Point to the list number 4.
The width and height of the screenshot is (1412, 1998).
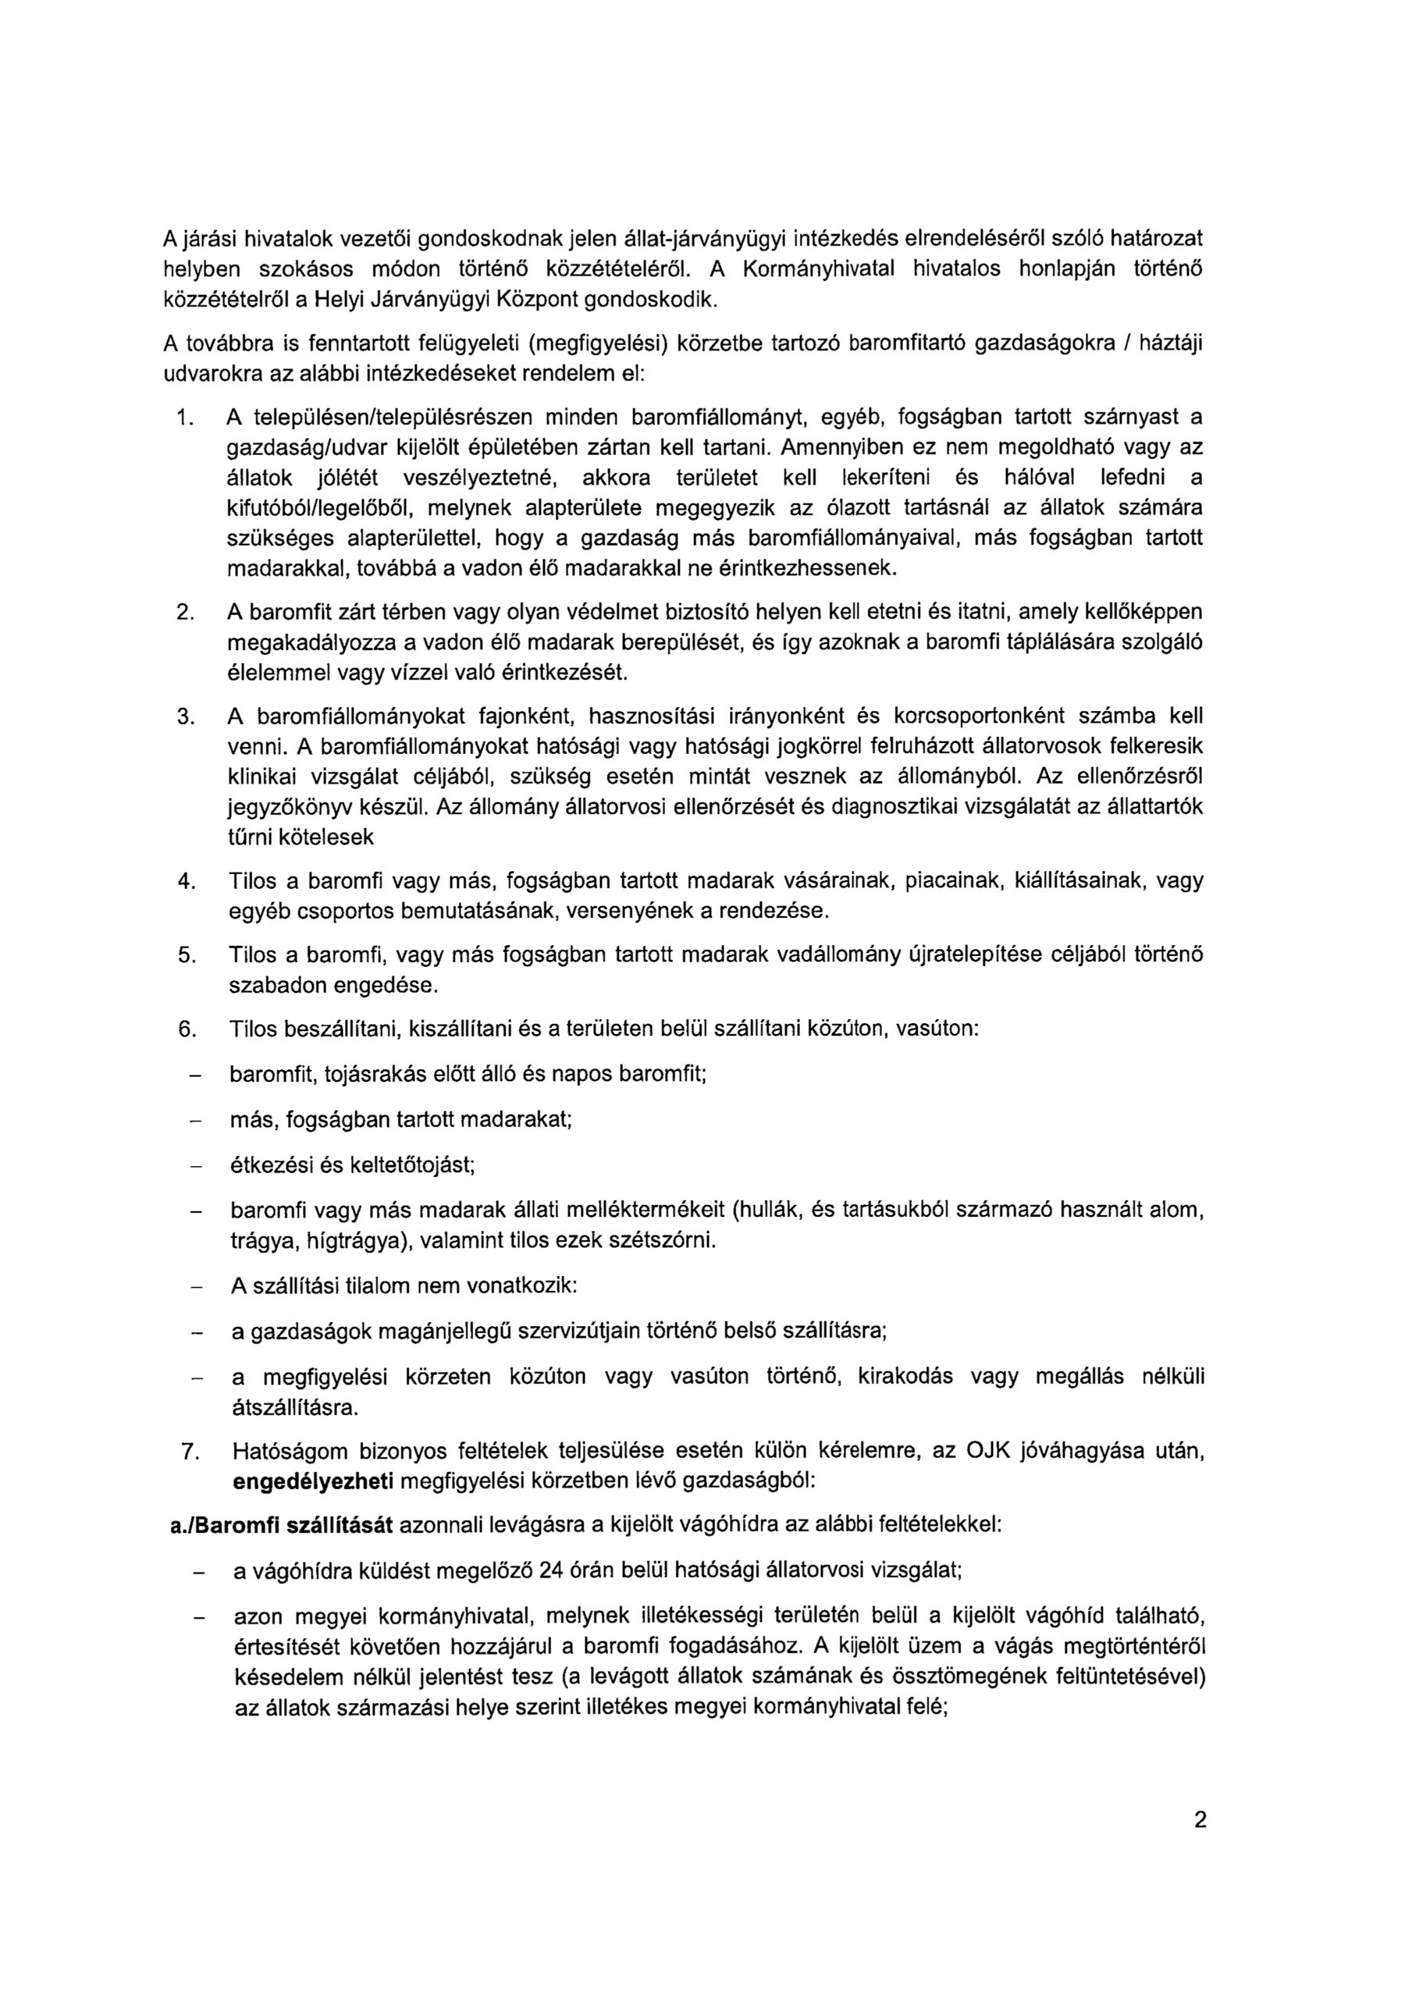point(184,881)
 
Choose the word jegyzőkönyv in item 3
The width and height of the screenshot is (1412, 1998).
point(282,808)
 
